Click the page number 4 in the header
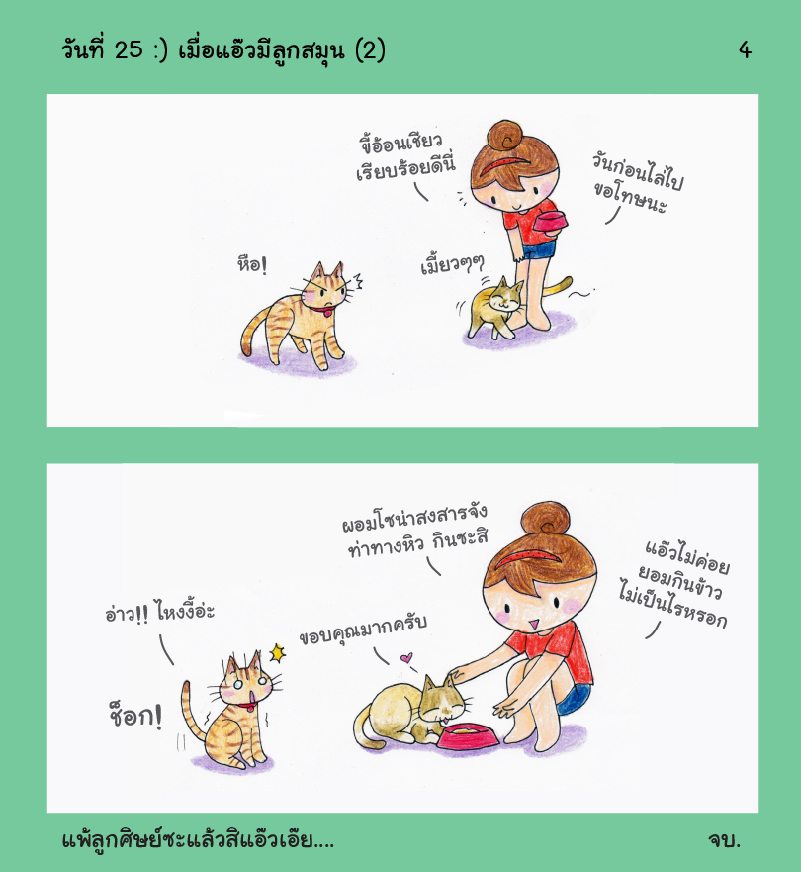[745, 50]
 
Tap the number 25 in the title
[129, 50]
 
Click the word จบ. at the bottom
[724, 839]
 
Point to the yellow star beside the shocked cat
[277, 653]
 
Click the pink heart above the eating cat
[406, 658]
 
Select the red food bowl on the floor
[468, 736]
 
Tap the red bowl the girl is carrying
[550, 222]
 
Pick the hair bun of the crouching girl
[545, 519]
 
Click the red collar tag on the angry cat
[327, 313]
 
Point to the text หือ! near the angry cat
[252, 264]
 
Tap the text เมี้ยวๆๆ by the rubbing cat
[452, 263]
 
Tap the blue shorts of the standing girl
[539, 250]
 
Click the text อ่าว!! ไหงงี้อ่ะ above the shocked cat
[159, 612]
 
